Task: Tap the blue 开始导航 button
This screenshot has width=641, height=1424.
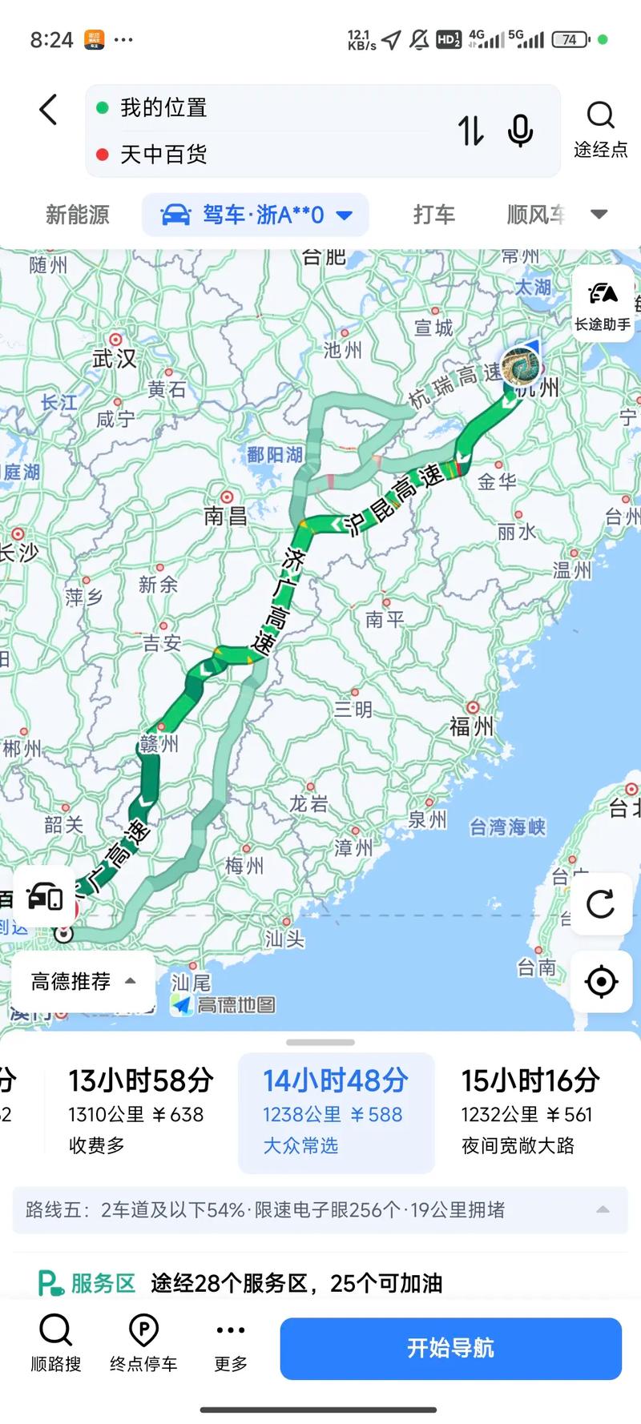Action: pyautogui.click(x=450, y=1348)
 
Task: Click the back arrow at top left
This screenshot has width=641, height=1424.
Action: pyautogui.click(x=49, y=110)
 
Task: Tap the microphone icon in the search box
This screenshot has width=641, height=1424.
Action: pyautogui.click(x=520, y=131)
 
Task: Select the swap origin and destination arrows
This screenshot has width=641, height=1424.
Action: pyautogui.click(x=470, y=131)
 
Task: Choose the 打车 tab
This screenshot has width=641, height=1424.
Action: pyautogui.click(x=433, y=215)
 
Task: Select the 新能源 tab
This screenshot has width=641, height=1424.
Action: pyautogui.click(x=77, y=215)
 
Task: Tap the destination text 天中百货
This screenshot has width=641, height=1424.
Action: pyautogui.click(x=163, y=154)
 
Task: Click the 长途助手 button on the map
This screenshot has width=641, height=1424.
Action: pyautogui.click(x=603, y=304)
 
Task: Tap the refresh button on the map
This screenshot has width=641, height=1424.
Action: pyautogui.click(x=600, y=904)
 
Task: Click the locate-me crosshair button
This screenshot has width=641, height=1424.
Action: pyautogui.click(x=601, y=981)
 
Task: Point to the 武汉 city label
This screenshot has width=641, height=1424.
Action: pyautogui.click(x=115, y=358)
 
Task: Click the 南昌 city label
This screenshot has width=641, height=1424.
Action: pyautogui.click(x=225, y=515)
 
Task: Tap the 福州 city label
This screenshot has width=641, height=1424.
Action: pyautogui.click(x=471, y=726)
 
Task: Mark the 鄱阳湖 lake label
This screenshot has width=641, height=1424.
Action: pyautogui.click(x=274, y=455)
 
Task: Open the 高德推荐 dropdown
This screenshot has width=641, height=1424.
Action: pyautogui.click(x=83, y=981)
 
